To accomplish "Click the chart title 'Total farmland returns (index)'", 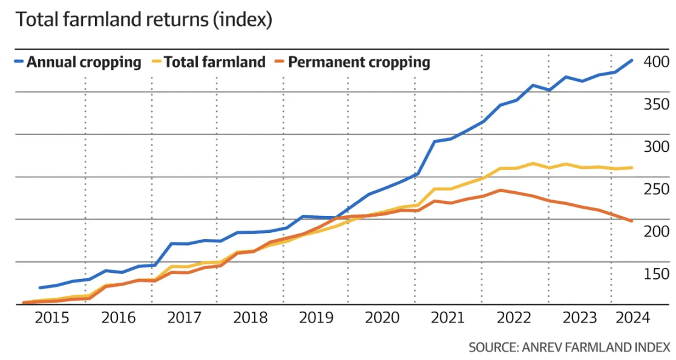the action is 144,20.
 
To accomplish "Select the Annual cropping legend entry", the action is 78,62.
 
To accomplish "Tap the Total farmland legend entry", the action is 209,62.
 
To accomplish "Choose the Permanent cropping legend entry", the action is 352,62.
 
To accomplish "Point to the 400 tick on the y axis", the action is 656,62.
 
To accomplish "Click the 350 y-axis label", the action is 656,104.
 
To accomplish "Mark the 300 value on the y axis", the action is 656,146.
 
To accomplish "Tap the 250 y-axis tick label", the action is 656,189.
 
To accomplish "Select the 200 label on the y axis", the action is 656,231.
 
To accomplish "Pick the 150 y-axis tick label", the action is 656,273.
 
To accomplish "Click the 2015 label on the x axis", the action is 51,318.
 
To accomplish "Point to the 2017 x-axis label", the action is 184,318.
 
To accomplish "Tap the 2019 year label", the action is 316,318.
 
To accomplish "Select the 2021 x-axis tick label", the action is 447,318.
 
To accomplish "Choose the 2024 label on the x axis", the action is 632,318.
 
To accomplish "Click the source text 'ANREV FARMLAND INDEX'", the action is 596,347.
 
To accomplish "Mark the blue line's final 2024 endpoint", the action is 632,61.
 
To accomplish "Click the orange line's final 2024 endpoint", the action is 632,221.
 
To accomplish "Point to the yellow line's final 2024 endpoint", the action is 632,168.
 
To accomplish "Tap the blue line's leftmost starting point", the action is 40,287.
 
